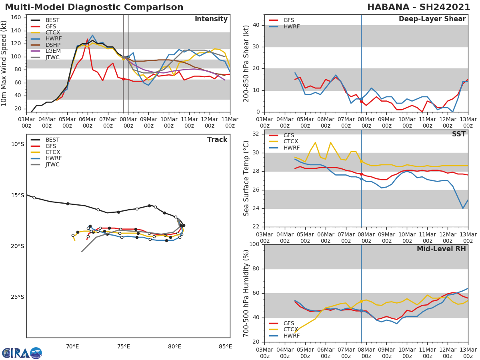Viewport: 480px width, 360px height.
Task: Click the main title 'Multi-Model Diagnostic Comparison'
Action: click(94, 7)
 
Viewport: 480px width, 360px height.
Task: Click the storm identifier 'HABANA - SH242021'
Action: click(418, 7)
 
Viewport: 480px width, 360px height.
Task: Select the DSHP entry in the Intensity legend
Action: click(52, 45)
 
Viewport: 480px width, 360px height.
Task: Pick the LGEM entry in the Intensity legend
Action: click(52, 51)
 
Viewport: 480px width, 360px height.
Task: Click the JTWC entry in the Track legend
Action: click(52, 164)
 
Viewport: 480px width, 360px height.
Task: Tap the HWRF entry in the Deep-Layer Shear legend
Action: click(291, 26)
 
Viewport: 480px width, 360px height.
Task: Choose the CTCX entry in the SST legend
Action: click(292, 142)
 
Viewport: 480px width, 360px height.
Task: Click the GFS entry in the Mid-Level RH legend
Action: click(288, 323)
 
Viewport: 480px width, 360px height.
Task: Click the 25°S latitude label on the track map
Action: click(18, 297)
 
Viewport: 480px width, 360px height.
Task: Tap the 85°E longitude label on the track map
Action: click(225, 346)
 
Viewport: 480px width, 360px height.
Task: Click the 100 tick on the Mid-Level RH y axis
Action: click(254, 244)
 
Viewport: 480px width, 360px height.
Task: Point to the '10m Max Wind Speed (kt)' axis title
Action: click(4, 64)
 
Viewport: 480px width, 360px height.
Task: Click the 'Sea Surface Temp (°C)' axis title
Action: click(246, 178)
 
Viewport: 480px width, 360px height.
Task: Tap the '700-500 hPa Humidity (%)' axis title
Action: click(246, 293)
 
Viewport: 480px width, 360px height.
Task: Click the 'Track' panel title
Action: click(217, 140)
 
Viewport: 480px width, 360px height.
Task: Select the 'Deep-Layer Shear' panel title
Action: click(432, 19)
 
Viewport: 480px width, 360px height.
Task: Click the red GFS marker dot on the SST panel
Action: click(361, 174)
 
